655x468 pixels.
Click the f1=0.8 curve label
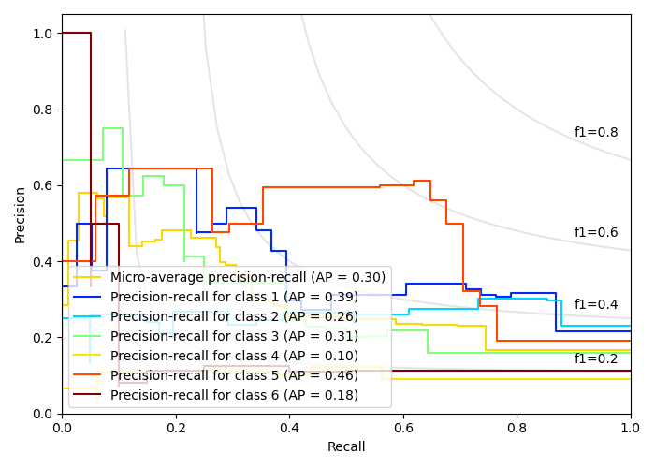tap(596, 133)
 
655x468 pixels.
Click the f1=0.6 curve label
tap(596, 233)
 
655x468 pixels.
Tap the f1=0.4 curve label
tap(596, 305)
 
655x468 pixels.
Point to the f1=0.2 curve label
tap(596, 359)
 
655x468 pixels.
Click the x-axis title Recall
tap(346, 447)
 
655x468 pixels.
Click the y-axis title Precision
tap(21, 213)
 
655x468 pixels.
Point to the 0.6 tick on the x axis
tap(403, 428)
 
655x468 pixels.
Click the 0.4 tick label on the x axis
tap(289, 428)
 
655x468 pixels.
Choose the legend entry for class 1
tap(234, 297)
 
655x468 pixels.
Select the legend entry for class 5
tap(234, 375)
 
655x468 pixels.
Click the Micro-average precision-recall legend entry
tap(247, 277)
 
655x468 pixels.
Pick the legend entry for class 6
tap(234, 395)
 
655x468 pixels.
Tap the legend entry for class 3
tap(234, 336)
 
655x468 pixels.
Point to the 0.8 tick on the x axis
tap(517, 428)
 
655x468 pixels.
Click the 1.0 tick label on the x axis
tap(631, 428)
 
